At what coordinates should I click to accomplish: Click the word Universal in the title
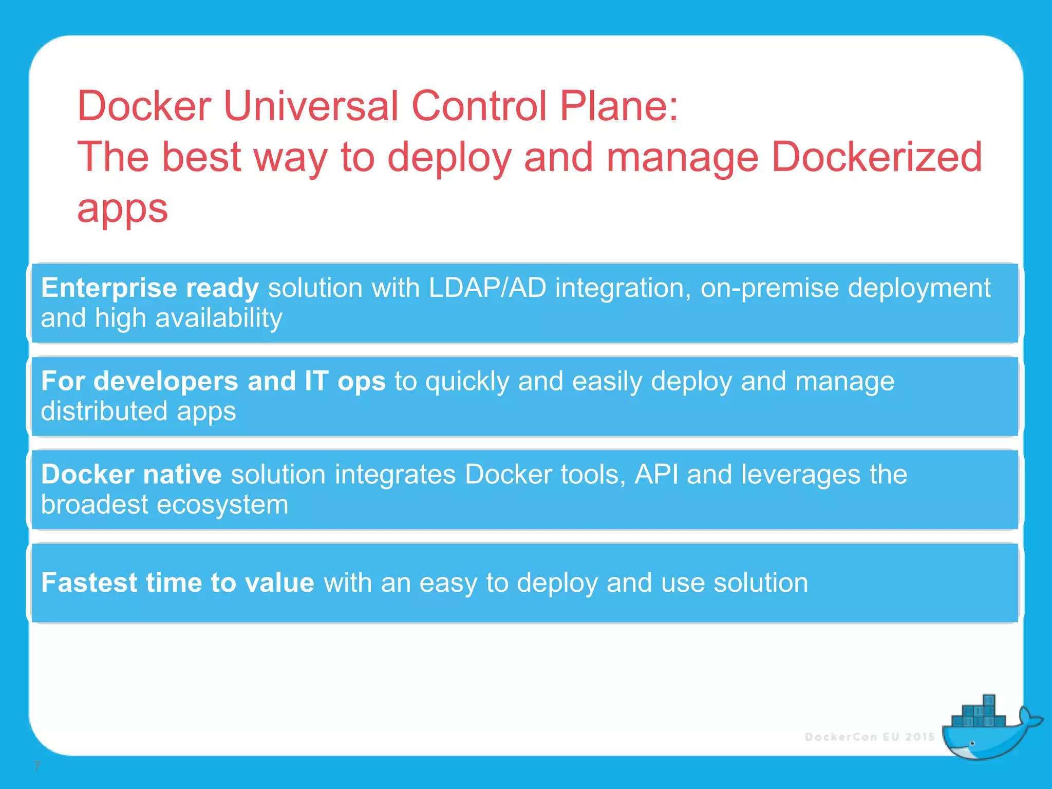click(x=311, y=106)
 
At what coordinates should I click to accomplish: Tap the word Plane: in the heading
click(x=618, y=106)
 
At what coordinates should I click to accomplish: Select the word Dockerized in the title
click(x=876, y=157)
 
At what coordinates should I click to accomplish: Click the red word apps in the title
click(x=122, y=210)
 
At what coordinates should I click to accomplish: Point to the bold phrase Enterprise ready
click(x=149, y=288)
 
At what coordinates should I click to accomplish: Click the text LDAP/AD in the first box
click(x=487, y=288)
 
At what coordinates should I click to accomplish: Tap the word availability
click(x=218, y=318)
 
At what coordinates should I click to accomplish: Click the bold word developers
click(x=165, y=381)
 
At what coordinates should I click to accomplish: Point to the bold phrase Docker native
click(x=131, y=474)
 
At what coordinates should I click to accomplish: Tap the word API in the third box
click(x=656, y=474)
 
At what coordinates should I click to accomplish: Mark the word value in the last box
click(x=279, y=583)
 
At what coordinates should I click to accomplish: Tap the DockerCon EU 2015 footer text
click(x=869, y=737)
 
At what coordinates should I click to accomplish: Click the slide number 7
click(x=36, y=766)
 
